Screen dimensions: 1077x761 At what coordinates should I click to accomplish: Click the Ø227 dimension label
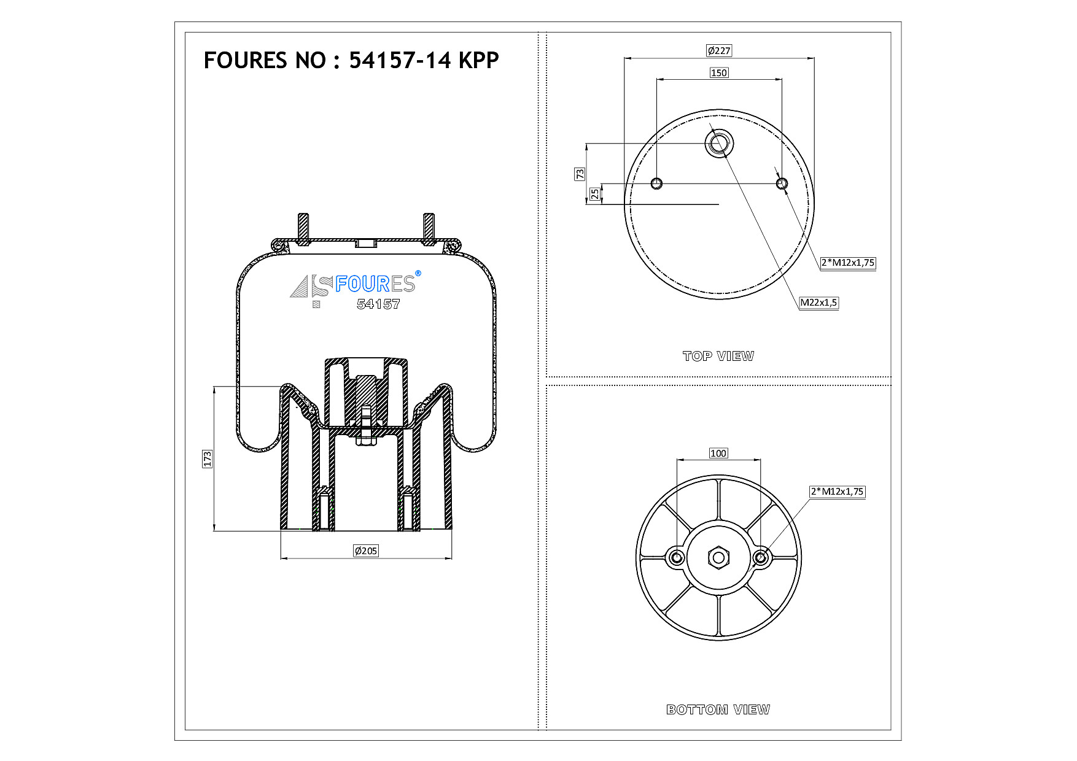click(719, 51)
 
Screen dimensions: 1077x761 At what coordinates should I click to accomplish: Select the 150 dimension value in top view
click(719, 73)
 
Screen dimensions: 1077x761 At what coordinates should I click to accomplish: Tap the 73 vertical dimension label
click(580, 174)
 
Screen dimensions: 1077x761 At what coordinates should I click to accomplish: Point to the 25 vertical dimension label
click(595, 194)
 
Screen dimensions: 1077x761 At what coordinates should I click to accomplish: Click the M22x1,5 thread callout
click(818, 303)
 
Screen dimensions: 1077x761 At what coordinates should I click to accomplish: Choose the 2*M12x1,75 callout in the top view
click(848, 263)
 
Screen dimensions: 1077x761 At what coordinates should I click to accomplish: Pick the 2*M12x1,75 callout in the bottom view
click(838, 492)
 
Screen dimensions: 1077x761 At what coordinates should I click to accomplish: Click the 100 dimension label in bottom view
click(718, 454)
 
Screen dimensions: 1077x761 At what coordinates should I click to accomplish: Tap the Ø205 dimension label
click(366, 551)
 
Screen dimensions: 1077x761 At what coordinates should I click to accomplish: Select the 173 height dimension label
click(208, 458)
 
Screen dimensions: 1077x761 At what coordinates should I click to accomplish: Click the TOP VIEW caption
click(718, 356)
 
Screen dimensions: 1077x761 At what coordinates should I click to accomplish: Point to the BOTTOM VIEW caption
click(718, 709)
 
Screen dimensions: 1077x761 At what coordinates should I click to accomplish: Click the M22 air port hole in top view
click(719, 144)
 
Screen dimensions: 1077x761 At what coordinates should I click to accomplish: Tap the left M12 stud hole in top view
click(656, 183)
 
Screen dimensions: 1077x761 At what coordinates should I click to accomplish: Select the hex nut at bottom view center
click(718, 558)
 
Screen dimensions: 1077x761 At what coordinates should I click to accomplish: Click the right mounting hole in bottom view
click(761, 558)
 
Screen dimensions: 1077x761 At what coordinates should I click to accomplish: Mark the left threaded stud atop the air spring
click(304, 229)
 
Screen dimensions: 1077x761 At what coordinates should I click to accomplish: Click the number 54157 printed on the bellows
click(378, 304)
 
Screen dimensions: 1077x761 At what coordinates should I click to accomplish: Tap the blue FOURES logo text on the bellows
click(375, 284)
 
